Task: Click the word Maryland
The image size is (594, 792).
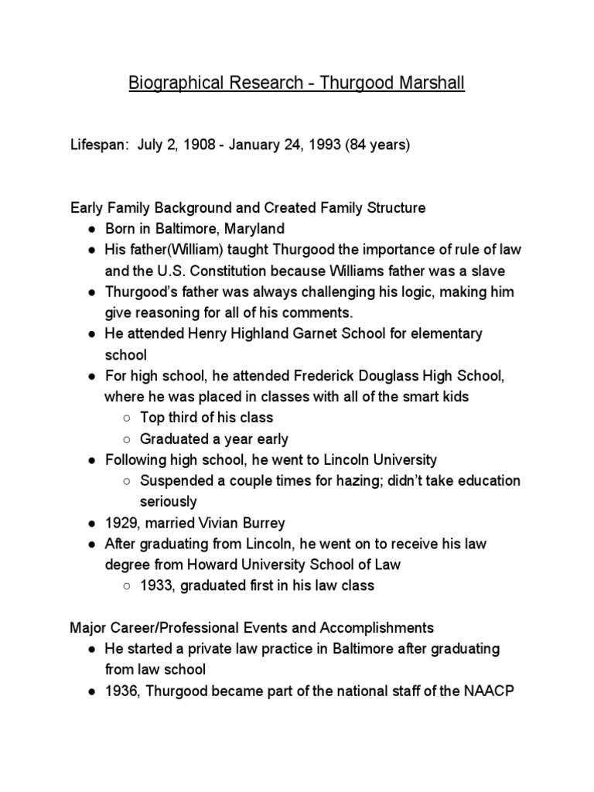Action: (253, 229)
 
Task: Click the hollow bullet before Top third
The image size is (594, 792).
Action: (127, 418)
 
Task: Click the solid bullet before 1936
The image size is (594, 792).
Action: (91, 691)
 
